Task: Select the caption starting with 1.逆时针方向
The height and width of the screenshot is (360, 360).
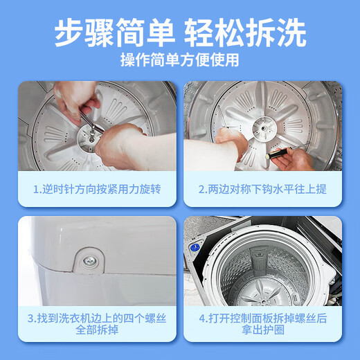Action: (x=97, y=188)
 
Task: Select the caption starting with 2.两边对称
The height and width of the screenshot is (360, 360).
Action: (x=263, y=188)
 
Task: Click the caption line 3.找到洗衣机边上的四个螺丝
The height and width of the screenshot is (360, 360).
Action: (x=97, y=319)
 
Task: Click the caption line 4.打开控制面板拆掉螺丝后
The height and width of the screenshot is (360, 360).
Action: (x=263, y=319)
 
